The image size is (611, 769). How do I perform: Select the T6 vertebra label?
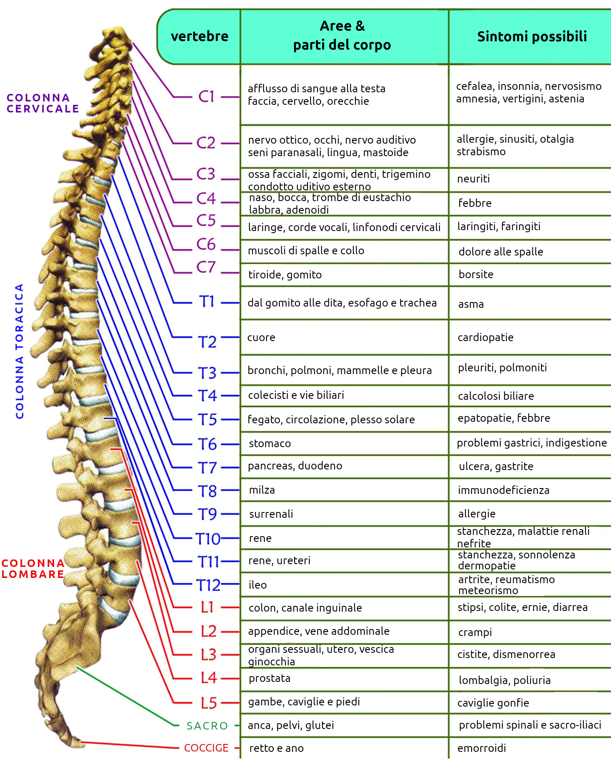tap(207, 444)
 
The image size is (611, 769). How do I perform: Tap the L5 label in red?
tap(209, 703)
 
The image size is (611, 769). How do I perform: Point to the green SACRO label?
tap(207, 726)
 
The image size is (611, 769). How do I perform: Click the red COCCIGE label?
tap(206, 748)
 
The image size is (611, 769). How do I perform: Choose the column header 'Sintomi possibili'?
tap(532, 36)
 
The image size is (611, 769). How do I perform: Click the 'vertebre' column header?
tap(199, 36)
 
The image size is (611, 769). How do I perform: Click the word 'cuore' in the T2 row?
tap(261, 337)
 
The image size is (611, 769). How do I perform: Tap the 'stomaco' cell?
tap(270, 443)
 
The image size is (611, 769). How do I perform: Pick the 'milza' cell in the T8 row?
tap(262, 490)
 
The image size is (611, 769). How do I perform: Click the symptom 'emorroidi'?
tap(481, 748)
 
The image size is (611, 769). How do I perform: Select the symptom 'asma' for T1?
tap(471, 304)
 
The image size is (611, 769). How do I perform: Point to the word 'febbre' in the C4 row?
tap(475, 203)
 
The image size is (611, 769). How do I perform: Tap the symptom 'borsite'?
tap(476, 274)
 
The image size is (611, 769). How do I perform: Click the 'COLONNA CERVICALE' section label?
tap(43, 103)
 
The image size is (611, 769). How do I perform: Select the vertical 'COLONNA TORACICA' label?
tap(20, 351)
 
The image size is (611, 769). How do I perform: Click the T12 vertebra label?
tap(209, 585)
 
